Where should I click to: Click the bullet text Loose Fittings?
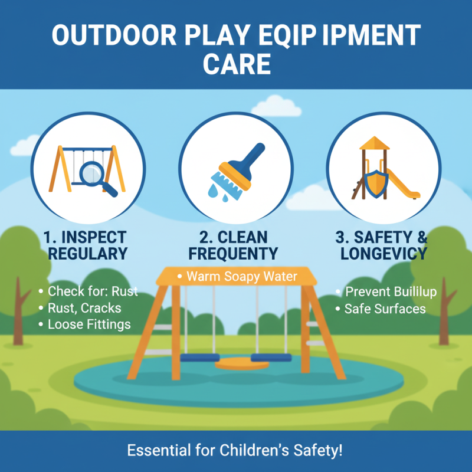click(x=89, y=324)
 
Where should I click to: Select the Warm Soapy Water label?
click(x=242, y=276)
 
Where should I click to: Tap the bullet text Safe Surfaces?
click(x=385, y=309)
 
